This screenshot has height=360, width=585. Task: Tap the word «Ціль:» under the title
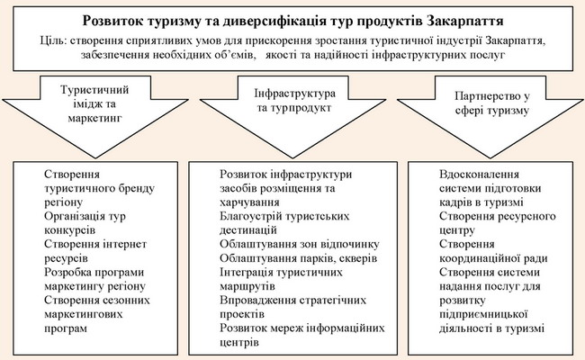click(x=53, y=40)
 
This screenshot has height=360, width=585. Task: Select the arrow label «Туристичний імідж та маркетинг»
click(x=94, y=104)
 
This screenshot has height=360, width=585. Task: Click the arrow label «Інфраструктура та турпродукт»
click(x=294, y=101)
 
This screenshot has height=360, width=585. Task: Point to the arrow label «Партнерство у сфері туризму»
click(x=492, y=103)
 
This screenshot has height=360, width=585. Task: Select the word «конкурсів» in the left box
click(x=70, y=230)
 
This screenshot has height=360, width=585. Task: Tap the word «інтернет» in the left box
click(x=127, y=245)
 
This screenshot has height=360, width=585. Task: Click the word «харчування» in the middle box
click(x=249, y=202)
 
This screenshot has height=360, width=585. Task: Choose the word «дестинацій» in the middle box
click(x=248, y=230)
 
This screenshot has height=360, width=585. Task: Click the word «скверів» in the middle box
click(x=359, y=258)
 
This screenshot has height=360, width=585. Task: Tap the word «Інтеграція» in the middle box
click(x=247, y=273)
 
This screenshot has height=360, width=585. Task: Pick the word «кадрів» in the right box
click(x=456, y=202)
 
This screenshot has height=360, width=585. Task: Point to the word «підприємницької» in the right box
click(x=483, y=314)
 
